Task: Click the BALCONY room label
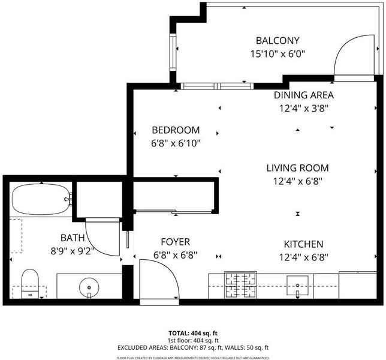coord(278,41)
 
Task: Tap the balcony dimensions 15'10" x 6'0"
coord(278,54)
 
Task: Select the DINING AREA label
coord(304,95)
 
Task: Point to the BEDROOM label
coord(176,130)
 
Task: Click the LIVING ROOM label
coord(298,168)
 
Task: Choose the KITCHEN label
coord(303,244)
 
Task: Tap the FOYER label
coord(175,242)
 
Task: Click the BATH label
coord(73,238)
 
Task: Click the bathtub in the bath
coord(41,199)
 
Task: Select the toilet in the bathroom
coord(30,284)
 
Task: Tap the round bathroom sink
coord(89,287)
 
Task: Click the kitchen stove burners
coord(240,285)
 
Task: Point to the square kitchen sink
coord(297,286)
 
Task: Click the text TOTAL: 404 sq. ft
coord(193,334)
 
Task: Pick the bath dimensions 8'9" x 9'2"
coord(73,251)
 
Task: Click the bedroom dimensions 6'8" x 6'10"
coord(176,143)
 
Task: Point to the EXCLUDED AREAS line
coord(193,347)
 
